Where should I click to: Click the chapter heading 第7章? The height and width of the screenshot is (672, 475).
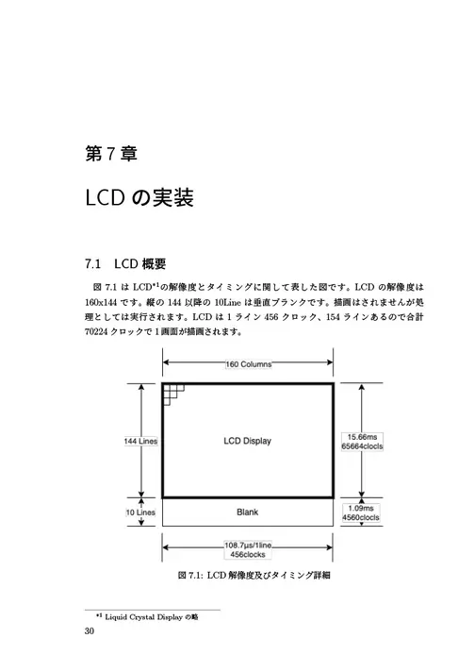111,154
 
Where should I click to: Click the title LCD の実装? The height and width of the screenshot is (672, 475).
139,197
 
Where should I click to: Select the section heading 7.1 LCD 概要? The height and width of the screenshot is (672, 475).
125,263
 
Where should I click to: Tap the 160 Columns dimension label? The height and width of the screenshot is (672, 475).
249,364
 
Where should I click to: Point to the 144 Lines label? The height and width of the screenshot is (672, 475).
140,441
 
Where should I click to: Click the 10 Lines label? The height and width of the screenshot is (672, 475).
140,512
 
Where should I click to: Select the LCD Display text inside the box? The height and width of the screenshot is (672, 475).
247,441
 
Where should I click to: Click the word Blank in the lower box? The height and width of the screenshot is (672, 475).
247,512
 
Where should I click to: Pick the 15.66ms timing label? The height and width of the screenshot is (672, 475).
362,437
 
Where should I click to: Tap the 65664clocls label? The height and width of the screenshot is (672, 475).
362,446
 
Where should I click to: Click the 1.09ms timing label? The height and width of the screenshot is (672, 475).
361,509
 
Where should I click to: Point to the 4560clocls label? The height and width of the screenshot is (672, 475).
361,517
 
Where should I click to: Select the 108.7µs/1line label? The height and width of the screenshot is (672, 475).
248,546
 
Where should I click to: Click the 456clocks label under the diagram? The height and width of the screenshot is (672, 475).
248,554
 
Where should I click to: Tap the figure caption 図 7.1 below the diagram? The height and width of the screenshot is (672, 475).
254,575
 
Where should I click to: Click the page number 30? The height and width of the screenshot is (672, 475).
90,630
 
